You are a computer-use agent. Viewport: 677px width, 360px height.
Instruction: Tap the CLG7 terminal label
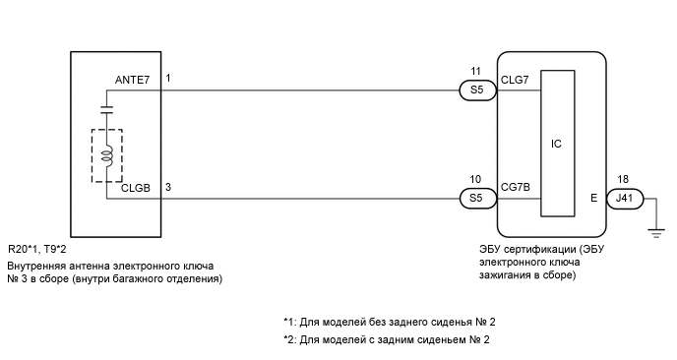tap(515, 78)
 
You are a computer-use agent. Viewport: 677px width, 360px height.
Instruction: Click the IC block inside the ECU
tap(556, 144)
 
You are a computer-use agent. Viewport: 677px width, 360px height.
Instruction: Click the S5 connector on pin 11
tap(476, 90)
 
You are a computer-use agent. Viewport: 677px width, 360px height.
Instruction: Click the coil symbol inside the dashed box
tap(109, 154)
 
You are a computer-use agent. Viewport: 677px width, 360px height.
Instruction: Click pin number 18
tap(623, 179)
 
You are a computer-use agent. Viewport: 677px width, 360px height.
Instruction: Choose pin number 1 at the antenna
tap(168, 77)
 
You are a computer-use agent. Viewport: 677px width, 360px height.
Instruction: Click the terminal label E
tap(593, 198)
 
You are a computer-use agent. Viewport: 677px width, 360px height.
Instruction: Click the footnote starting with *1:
tap(385, 323)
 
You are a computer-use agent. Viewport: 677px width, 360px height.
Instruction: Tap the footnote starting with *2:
tap(385, 340)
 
